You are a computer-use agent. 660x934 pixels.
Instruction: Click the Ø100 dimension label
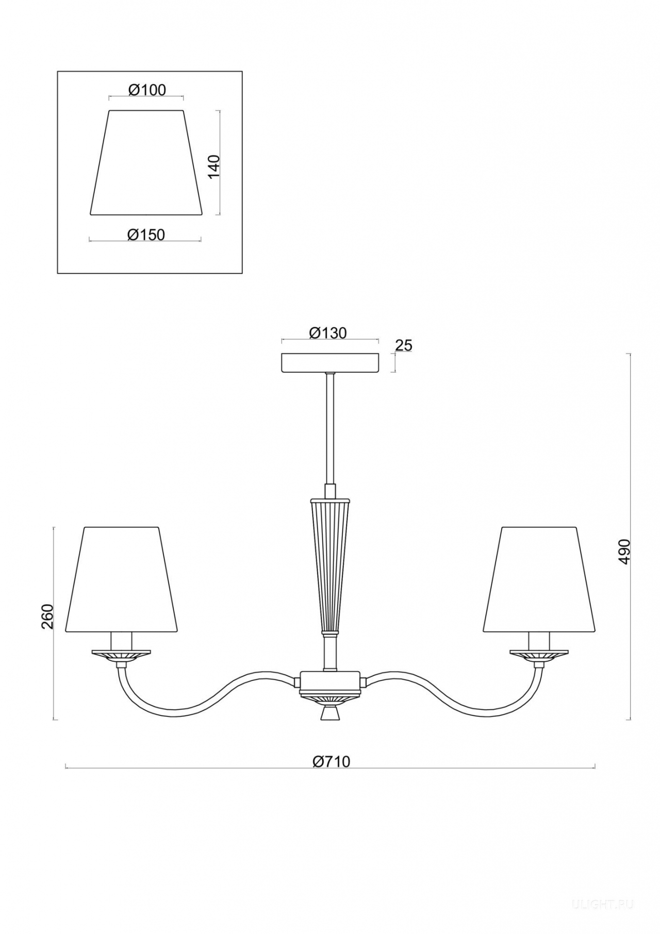click(x=147, y=90)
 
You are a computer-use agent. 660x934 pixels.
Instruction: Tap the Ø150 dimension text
click(x=146, y=235)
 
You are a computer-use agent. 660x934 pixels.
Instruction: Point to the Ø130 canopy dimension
click(x=328, y=333)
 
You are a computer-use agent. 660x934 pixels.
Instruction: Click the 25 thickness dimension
click(x=404, y=346)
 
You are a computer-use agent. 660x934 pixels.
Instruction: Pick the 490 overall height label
click(x=624, y=552)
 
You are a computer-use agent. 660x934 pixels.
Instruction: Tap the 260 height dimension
click(x=47, y=616)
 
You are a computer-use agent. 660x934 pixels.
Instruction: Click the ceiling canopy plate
click(x=330, y=362)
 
